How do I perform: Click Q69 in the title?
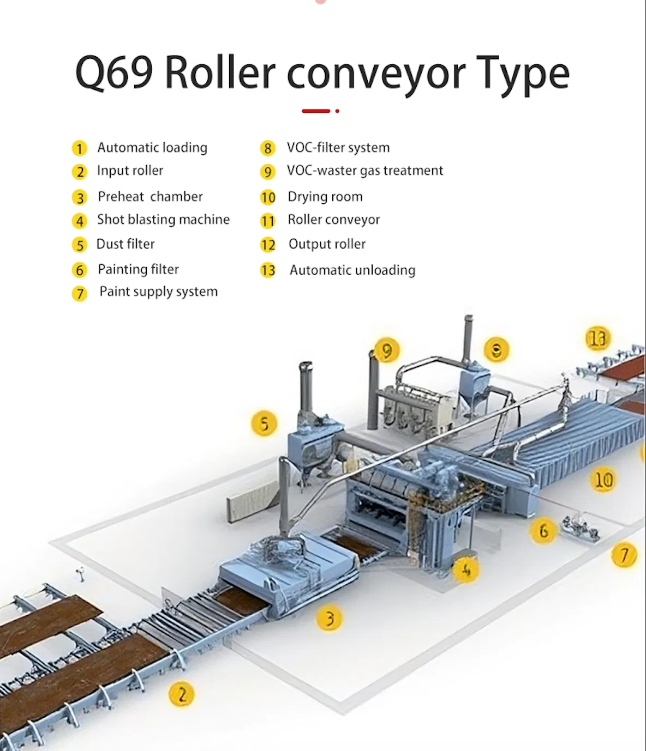(113, 73)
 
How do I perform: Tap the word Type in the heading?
(523, 73)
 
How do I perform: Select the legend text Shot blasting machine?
(163, 220)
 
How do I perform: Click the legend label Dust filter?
(125, 244)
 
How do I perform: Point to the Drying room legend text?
(325, 197)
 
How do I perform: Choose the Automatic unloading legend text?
(352, 270)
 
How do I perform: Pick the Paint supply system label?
(158, 292)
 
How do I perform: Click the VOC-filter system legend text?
(338, 148)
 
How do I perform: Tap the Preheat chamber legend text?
(150, 197)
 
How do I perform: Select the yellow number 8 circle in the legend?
(267, 148)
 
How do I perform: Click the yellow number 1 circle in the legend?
(79, 148)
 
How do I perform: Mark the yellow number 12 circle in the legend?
(268, 245)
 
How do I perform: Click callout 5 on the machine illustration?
(264, 424)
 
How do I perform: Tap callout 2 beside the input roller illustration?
(182, 694)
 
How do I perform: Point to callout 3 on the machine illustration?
(329, 619)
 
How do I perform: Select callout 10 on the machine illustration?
(603, 480)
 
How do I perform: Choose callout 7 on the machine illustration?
(624, 555)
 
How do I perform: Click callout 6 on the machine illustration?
(543, 530)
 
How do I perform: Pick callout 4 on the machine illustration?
(466, 570)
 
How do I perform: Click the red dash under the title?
(316, 111)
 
